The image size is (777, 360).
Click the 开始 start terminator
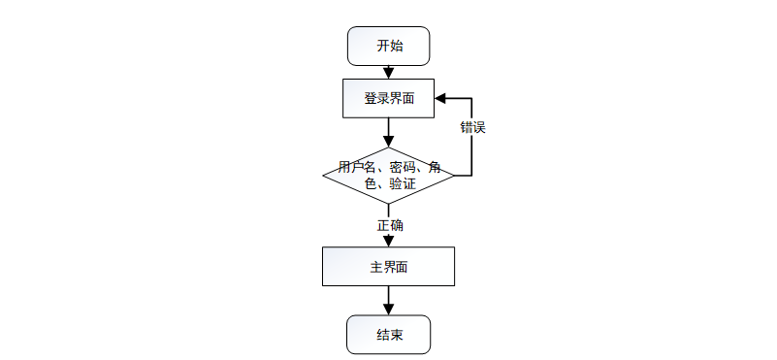click(388, 46)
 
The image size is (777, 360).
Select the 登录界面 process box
click(388, 98)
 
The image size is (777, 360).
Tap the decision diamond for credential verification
click(388, 176)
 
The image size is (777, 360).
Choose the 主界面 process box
click(388, 267)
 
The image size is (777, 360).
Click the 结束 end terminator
click(388, 336)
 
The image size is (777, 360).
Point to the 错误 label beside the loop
click(472, 128)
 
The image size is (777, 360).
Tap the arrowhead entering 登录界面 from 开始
click(388, 74)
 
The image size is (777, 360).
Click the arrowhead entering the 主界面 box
click(388, 241)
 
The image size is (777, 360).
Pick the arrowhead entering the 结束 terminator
click(388, 310)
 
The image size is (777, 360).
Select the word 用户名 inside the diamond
click(355, 167)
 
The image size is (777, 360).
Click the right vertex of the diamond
click(454, 176)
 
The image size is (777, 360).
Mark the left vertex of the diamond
click(323, 176)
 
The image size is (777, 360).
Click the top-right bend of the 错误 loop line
click(471, 98)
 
